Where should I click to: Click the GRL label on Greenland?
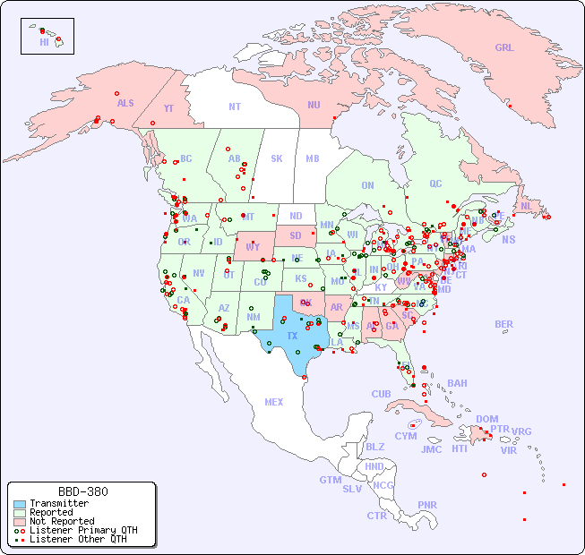tap(504, 47)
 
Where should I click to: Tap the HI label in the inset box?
tap(44, 42)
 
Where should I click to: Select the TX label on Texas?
tap(292, 336)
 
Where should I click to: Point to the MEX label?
tap(274, 402)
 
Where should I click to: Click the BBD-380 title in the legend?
tap(82, 491)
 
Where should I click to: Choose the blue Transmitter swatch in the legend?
tap(20, 504)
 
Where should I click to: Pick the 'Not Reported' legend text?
tap(61, 521)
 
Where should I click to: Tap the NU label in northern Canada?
tap(314, 105)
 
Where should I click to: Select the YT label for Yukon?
tap(168, 108)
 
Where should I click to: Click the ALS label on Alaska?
tap(125, 103)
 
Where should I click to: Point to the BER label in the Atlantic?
tap(503, 324)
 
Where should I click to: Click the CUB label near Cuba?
tap(381, 394)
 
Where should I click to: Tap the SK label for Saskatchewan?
tap(277, 158)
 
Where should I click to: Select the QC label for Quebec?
tap(435, 184)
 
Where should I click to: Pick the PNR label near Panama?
tap(427, 505)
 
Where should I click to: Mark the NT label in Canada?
tap(235, 107)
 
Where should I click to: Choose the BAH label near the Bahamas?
tap(457, 383)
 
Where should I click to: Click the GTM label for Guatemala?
tap(330, 480)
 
